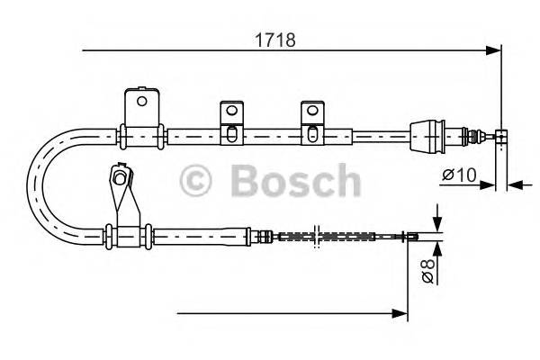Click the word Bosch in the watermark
coord(294,181)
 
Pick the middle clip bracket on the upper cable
coord(230,121)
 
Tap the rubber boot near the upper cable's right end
coord(429,137)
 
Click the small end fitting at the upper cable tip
coord(501,137)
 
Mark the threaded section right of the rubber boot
coord(467,137)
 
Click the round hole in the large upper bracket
coord(141,100)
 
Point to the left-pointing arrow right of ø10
coord(515,185)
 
